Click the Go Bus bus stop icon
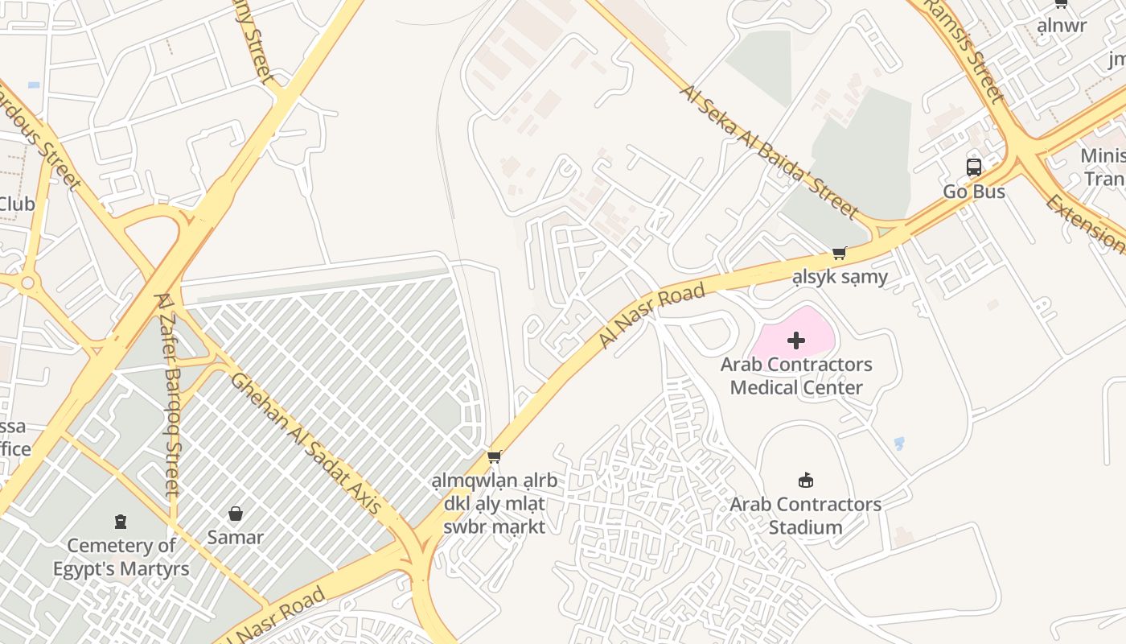click(974, 167)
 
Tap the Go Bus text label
click(974, 192)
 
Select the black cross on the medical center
click(796, 341)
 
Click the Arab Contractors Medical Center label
click(796, 376)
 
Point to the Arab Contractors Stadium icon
click(805, 481)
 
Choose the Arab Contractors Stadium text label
click(805, 516)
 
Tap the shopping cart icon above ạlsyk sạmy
click(840, 254)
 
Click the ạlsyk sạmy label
click(840, 278)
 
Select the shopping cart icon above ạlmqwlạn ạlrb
click(495, 457)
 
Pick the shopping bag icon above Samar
click(236, 514)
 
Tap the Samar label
click(236, 537)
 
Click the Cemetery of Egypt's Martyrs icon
click(121, 522)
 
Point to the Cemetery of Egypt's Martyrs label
click(121, 557)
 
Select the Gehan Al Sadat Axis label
click(306, 443)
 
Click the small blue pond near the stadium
click(899, 443)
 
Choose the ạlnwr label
click(1061, 26)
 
